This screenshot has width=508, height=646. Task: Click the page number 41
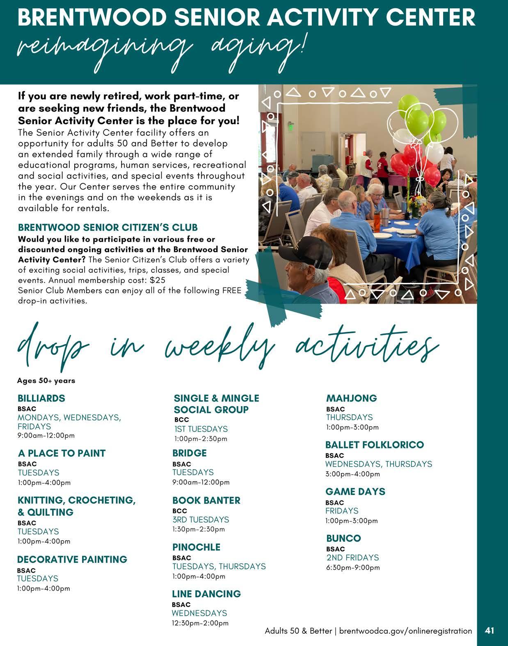[489, 630]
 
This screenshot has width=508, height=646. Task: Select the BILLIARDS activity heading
[41, 398]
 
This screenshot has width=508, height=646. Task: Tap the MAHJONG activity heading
[351, 398]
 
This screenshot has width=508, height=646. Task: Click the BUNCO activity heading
[343, 538]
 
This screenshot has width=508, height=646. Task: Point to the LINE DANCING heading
[206, 594]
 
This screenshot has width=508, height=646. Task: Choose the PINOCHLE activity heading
[196, 547]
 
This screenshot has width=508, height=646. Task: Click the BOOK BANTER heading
[206, 500]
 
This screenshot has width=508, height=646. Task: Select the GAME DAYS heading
[355, 491]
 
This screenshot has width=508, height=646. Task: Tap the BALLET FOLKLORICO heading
[374, 445]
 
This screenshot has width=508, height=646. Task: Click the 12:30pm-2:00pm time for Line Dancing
[200, 623]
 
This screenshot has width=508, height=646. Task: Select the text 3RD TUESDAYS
[201, 519]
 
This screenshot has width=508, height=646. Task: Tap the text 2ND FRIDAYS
[352, 557]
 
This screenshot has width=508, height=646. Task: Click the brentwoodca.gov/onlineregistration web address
[405, 631]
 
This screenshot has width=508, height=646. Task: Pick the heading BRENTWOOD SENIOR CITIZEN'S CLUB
[108, 228]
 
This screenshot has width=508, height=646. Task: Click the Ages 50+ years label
[46, 381]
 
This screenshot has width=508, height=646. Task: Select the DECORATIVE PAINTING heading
[72, 559]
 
